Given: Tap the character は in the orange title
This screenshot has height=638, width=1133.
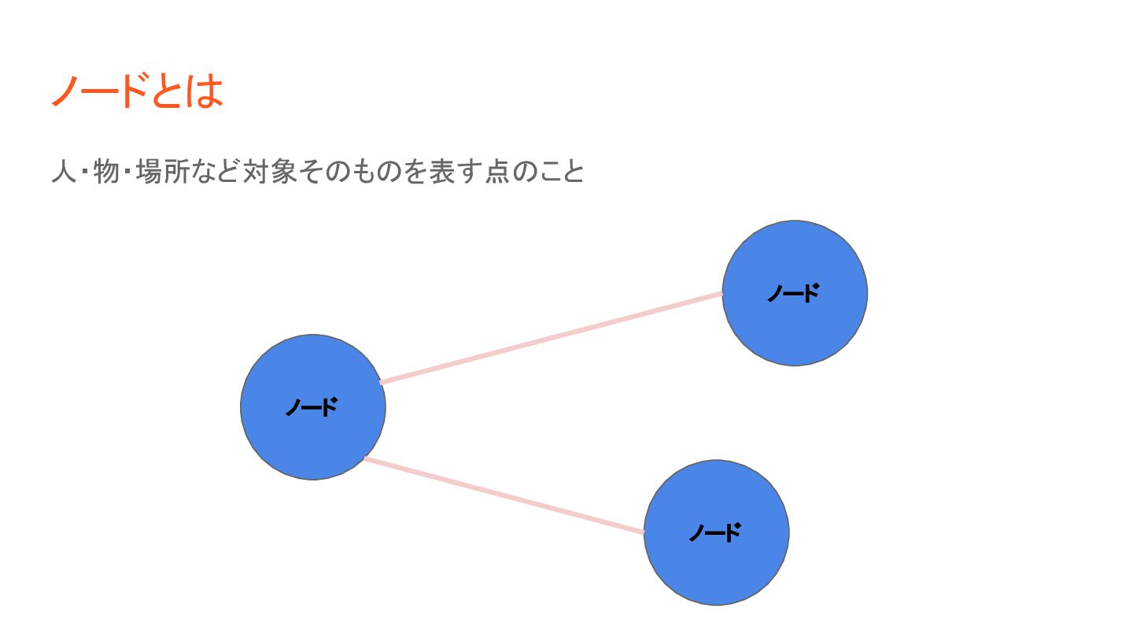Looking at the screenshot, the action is point(205,91).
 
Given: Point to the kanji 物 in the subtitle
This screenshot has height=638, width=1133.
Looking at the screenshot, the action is point(105,171).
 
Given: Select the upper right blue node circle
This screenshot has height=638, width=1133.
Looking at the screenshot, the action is point(795,331).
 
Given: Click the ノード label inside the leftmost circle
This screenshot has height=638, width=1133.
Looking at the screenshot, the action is point(312,407).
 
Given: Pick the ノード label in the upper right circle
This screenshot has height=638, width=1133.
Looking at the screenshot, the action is point(793,293).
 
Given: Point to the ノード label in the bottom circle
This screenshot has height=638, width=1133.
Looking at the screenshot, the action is point(715,533).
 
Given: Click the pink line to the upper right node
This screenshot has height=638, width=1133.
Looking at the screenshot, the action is point(551,338).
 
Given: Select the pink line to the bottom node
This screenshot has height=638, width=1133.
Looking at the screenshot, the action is point(504,495).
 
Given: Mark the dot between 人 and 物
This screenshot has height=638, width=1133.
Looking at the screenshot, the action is point(84,172).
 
